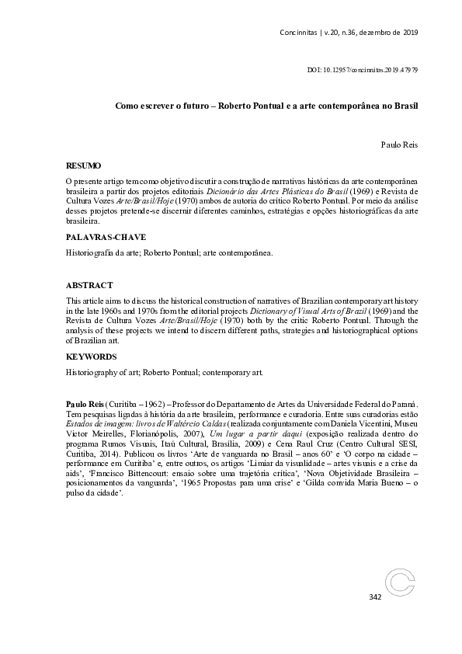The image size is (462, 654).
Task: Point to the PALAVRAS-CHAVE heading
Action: [96, 237]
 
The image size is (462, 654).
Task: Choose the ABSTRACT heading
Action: [88, 285]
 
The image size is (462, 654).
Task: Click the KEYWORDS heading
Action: [91, 357]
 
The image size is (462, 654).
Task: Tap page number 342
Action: [375, 597]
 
